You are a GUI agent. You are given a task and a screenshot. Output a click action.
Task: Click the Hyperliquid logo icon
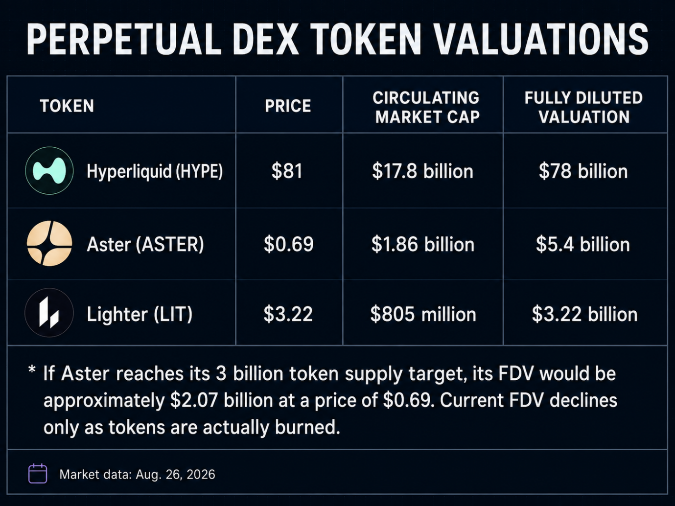pyautogui.click(x=49, y=171)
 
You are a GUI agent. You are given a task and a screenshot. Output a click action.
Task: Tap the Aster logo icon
pyautogui.click(x=49, y=244)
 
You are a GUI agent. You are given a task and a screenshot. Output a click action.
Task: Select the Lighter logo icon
pyautogui.click(x=49, y=313)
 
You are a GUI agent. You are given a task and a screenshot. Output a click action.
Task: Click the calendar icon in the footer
pyautogui.click(x=38, y=474)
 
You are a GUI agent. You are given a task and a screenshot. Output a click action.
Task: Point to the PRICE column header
pyautogui.click(x=288, y=106)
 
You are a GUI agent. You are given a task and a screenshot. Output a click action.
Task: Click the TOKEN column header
pyautogui.click(x=67, y=106)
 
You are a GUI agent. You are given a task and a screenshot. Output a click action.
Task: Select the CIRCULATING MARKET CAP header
pyautogui.click(x=426, y=107)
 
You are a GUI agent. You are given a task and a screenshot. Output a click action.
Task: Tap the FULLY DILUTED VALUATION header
pyautogui.click(x=583, y=107)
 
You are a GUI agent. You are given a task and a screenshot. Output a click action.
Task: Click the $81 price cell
pyautogui.click(x=287, y=171)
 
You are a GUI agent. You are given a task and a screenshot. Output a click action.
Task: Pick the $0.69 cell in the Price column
pyautogui.click(x=288, y=244)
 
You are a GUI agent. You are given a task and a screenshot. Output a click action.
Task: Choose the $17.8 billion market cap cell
pyautogui.click(x=422, y=171)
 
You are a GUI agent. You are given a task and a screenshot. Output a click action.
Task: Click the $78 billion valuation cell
pyautogui.click(x=583, y=171)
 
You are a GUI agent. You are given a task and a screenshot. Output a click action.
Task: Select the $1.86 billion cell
pyautogui.click(x=423, y=244)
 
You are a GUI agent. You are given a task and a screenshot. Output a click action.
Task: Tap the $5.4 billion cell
pyautogui.click(x=583, y=244)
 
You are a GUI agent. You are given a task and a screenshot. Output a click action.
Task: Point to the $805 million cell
pyautogui.click(x=423, y=314)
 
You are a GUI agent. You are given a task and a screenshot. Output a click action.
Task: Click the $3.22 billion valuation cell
pyautogui.click(x=584, y=314)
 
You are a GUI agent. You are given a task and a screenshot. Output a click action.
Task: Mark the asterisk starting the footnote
pyautogui.click(x=32, y=370)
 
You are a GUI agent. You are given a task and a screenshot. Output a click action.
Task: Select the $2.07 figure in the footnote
pyautogui.click(x=194, y=400)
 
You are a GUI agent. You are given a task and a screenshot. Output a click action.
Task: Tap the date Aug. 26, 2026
pyautogui.click(x=175, y=474)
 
